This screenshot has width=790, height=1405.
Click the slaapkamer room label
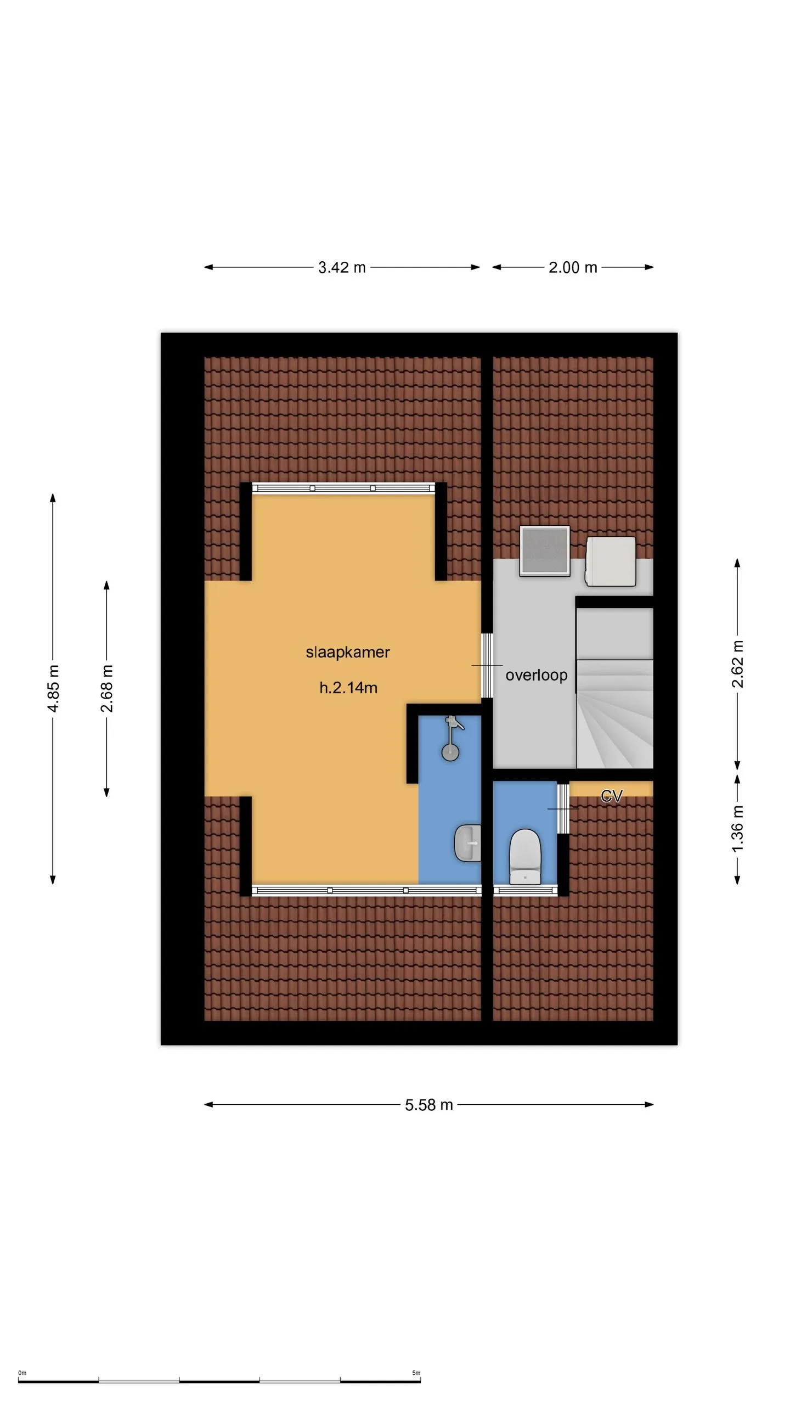[x=348, y=652]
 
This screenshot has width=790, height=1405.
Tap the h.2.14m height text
[x=348, y=688]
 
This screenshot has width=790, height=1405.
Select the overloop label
[x=537, y=675]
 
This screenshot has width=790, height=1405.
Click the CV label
[x=612, y=796]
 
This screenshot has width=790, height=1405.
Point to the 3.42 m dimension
[x=342, y=267]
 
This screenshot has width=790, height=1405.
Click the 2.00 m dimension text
[x=573, y=267]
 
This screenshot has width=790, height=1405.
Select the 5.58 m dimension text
[x=429, y=1105]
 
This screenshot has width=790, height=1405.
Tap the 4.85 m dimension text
[x=53, y=688]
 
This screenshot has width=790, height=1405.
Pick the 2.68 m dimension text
[x=106, y=688]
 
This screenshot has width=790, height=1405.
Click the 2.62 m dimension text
[x=737, y=664]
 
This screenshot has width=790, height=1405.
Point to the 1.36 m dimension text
[x=737, y=829]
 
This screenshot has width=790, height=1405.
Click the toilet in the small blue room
[x=525, y=857]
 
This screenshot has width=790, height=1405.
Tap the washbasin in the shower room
[x=468, y=843]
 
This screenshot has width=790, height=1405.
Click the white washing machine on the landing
[x=611, y=561]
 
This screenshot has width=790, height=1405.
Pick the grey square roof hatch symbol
[x=545, y=551]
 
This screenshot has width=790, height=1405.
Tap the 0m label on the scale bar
[x=22, y=1373]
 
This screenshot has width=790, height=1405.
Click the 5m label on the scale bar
[x=416, y=1373]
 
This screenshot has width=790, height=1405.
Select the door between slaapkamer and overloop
[x=487, y=666]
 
